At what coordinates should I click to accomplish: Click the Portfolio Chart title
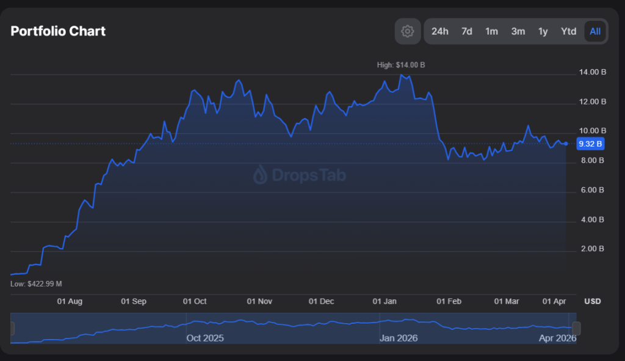[x=58, y=31]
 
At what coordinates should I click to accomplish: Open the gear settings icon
[x=408, y=31]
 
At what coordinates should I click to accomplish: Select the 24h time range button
[x=439, y=31]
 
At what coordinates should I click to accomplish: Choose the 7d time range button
[x=466, y=31]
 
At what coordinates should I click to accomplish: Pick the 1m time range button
[x=491, y=31]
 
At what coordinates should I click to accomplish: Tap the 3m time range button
[x=518, y=31]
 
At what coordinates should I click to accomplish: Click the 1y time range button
[x=543, y=31]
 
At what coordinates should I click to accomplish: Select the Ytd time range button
[x=568, y=31]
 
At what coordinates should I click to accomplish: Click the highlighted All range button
[x=594, y=31]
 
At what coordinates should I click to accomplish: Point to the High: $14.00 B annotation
[x=401, y=65]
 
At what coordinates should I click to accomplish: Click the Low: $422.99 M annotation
[x=36, y=284]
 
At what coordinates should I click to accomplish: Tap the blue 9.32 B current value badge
[x=590, y=144]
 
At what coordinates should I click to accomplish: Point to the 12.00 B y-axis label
[x=592, y=101]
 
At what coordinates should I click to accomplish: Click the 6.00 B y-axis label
[x=592, y=190]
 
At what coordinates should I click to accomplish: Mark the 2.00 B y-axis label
[x=592, y=249]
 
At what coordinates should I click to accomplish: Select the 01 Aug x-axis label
[x=70, y=301]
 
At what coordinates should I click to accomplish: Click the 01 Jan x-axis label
[x=385, y=301]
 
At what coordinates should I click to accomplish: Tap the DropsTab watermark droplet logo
[x=260, y=175]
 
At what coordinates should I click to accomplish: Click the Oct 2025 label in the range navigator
[x=205, y=338]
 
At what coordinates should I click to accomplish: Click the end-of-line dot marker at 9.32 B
[x=566, y=144]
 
